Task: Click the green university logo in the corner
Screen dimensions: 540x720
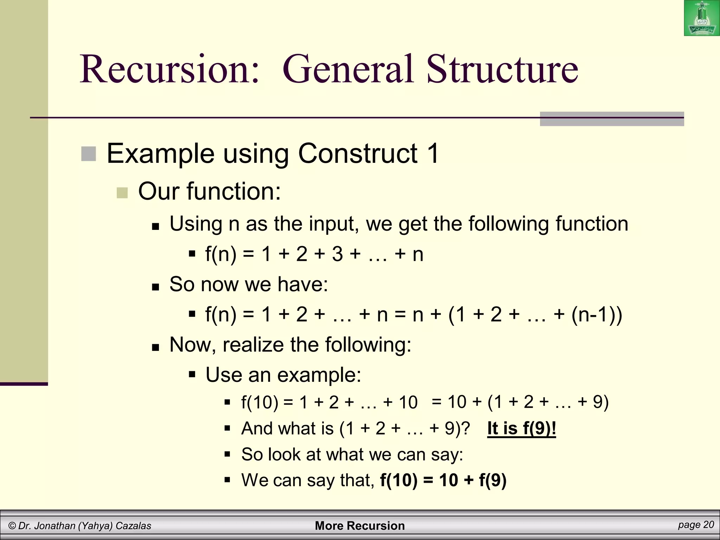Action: pyautogui.click(x=701, y=18)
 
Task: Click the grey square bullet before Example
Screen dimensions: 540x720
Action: pyautogui.click(x=89, y=154)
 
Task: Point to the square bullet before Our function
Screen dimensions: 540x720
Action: pyautogui.click(x=122, y=193)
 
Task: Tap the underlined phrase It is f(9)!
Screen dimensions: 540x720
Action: pyautogui.click(x=521, y=428)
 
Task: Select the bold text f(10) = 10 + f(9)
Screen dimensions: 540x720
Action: pyautogui.click(x=443, y=480)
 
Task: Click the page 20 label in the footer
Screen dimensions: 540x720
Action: pyautogui.click(x=696, y=525)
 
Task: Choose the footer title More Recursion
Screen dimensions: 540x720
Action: pyautogui.click(x=360, y=526)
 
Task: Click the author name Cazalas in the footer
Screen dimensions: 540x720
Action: pyautogui.click(x=133, y=526)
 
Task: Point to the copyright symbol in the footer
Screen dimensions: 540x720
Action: pyautogui.click(x=12, y=526)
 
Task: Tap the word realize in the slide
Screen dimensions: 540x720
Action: pyautogui.click(x=253, y=345)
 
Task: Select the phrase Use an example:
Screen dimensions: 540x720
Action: pyautogui.click(x=283, y=375)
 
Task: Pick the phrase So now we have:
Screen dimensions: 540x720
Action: pyautogui.click(x=249, y=284)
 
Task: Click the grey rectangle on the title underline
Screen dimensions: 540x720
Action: pyautogui.click(x=612, y=119)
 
